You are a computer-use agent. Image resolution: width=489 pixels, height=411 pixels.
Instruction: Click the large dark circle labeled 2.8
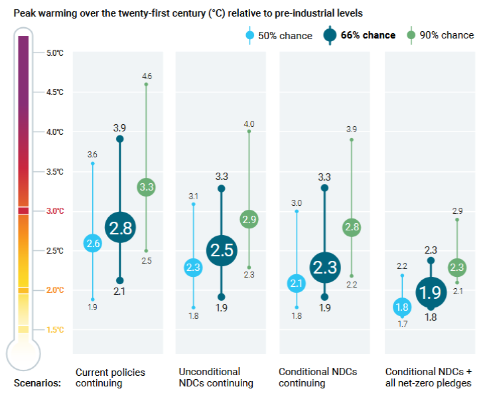click(x=120, y=228)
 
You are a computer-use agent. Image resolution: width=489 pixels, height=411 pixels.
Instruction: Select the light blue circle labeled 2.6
click(x=93, y=244)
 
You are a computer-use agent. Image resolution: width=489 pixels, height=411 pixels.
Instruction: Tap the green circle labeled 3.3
click(x=146, y=187)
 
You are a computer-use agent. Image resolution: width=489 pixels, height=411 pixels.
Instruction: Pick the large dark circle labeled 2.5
click(x=222, y=250)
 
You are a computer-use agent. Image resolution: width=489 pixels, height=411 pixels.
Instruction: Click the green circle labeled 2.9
click(x=249, y=220)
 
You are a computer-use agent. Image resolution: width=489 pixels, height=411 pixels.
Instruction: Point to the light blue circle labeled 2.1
click(x=297, y=284)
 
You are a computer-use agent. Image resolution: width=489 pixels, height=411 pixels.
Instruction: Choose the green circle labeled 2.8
click(x=352, y=228)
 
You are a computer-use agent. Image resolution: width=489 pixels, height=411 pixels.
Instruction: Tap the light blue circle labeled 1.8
click(x=401, y=307)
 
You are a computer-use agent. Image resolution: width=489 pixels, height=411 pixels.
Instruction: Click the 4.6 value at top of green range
click(x=147, y=76)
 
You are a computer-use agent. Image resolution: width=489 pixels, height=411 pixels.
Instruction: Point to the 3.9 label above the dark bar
click(x=120, y=127)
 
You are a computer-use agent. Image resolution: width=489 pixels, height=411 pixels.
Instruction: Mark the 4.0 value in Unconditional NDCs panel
click(x=249, y=123)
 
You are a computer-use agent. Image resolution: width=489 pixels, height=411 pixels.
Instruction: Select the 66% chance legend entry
click(x=364, y=35)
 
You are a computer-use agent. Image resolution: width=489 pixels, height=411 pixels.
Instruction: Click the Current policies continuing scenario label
click(x=110, y=378)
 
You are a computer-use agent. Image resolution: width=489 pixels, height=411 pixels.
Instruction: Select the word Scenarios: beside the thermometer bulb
click(x=36, y=383)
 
